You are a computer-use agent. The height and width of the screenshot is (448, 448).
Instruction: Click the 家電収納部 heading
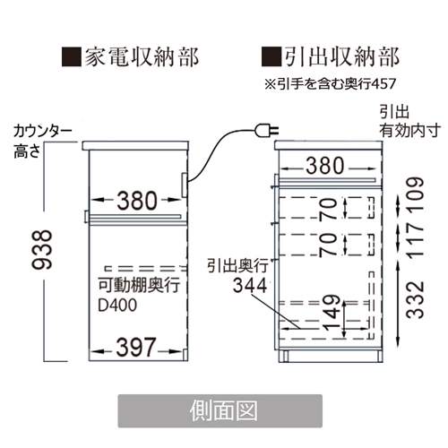point(142,56)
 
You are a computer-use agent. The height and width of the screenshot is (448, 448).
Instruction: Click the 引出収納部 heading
point(342,56)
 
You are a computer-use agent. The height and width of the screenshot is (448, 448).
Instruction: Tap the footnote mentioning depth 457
point(330,84)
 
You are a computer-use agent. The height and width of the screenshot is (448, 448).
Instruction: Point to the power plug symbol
point(267,131)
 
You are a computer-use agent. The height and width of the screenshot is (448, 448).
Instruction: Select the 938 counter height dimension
point(42,250)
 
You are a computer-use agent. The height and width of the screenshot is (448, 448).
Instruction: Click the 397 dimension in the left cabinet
point(136,348)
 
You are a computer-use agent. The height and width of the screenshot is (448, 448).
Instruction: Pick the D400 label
point(117,306)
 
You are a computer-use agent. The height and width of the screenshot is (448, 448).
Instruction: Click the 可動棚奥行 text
point(139,285)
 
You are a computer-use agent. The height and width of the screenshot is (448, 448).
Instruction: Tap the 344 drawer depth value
point(250,286)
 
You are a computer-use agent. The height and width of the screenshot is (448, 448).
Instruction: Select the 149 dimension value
point(332,313)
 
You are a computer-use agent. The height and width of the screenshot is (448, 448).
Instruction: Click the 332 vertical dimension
point(416,299)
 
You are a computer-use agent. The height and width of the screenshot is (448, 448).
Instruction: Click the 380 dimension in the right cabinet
point(325,166)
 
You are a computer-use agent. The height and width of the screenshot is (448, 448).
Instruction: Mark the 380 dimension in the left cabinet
point(137,201)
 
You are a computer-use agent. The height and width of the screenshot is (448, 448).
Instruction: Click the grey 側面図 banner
point(220,411)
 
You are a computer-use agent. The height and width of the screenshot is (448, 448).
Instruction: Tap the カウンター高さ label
point(42,141)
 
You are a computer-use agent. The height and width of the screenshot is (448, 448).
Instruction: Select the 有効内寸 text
point(410,131)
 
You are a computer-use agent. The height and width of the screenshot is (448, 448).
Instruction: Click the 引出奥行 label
point(238,265)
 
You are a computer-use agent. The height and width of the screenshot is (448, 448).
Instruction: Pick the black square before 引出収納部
point(271,56)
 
